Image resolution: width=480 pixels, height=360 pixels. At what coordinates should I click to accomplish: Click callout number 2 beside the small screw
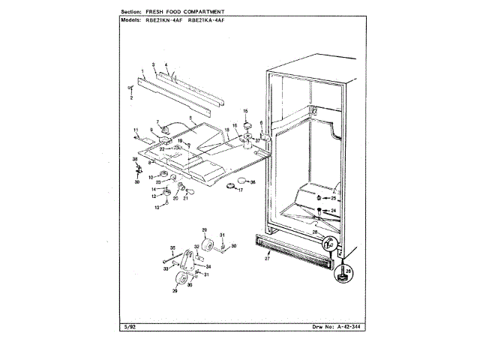point(131,97)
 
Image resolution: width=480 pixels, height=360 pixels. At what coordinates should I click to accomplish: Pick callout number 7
point(157,121)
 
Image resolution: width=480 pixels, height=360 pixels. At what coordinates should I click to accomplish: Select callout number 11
point(136,131)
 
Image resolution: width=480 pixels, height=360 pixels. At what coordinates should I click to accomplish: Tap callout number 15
point(244,111)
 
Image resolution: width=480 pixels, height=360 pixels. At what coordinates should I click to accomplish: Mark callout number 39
point(136,181)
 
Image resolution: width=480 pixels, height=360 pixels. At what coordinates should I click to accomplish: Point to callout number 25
point(334,198)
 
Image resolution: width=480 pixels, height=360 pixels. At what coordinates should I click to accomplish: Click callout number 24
point(334,211)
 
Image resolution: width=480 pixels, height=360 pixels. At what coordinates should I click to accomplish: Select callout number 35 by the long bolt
point(172,247)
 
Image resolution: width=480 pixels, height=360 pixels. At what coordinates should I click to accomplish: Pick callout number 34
point(208,266)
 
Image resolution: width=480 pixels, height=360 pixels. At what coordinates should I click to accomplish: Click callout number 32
point(196,245)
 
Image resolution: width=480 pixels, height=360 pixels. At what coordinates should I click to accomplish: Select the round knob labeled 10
point(163,175)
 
